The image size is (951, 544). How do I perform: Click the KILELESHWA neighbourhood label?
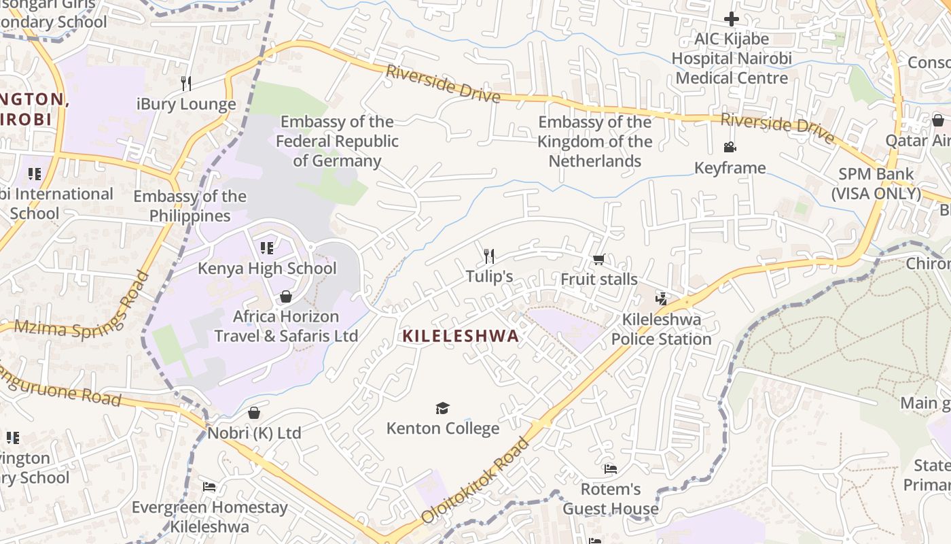(x=461, y=335)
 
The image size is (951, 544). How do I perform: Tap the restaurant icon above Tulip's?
(x=489, y=256)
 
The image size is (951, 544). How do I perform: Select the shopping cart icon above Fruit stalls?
(x=598, y=259)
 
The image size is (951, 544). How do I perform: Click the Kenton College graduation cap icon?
(x=443, y=408)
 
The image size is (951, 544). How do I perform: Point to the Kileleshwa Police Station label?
(x=662, y=329)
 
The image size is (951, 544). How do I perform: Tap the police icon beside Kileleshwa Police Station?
(x=661, y=298)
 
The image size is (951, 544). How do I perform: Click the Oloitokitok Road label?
(x=475, y=481)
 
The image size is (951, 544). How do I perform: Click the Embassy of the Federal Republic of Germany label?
(x=337, y=141)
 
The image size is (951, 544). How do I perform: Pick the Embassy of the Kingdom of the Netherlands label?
(x=595, y=141)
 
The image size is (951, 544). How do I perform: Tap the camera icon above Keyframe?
(x=730, y=148)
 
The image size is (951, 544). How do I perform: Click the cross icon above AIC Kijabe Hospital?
(x=732, y=19)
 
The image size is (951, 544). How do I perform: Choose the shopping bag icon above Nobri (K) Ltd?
(x=254, y=413)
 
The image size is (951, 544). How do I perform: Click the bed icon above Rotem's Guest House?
(x=610, y=469)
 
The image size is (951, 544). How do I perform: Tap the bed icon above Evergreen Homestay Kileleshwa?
(x=209, y=487)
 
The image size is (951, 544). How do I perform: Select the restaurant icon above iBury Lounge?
(x=186, y=84)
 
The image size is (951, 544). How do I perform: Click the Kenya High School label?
(x=267, y=268)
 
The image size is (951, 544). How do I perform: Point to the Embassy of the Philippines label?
(x=190, y=206)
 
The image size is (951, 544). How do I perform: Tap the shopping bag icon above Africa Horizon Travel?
(x=286, y=296)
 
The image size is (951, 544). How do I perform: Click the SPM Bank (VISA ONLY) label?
(x=876, y=184)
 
